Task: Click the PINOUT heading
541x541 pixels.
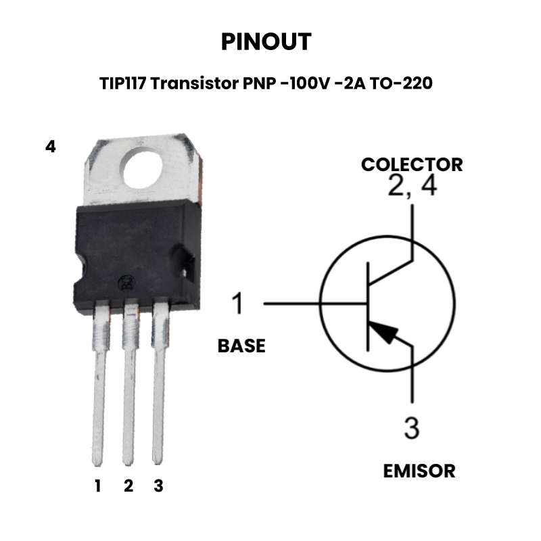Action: pos(266,42)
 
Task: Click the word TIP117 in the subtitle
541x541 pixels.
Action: pos(123,83)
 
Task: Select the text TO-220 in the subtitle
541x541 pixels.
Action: pos(401,83)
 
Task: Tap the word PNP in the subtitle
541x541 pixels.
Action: pos(260,83)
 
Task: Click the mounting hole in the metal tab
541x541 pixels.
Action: pos(143,168)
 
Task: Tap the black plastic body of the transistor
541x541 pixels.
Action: pos(137,256)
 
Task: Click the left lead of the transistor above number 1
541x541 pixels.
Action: pos(99,383)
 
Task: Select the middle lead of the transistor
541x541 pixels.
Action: pos(129,383)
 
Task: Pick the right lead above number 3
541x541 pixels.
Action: pos(159,383)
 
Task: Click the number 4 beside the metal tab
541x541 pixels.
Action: pos(50,147)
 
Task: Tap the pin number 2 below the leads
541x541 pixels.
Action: pos(128,486)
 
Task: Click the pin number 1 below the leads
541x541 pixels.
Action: pos(98,486)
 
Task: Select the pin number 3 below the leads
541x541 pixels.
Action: pos(158,486)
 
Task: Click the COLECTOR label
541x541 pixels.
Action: pos(412,164)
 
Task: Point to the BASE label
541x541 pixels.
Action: pos(241,346)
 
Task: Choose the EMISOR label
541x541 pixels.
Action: pos(419,471)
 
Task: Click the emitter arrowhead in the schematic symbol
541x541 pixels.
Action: pos(384,331)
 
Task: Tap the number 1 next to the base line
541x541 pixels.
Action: pos(238,303)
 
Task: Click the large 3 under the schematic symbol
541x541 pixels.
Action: pos(412,428)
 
